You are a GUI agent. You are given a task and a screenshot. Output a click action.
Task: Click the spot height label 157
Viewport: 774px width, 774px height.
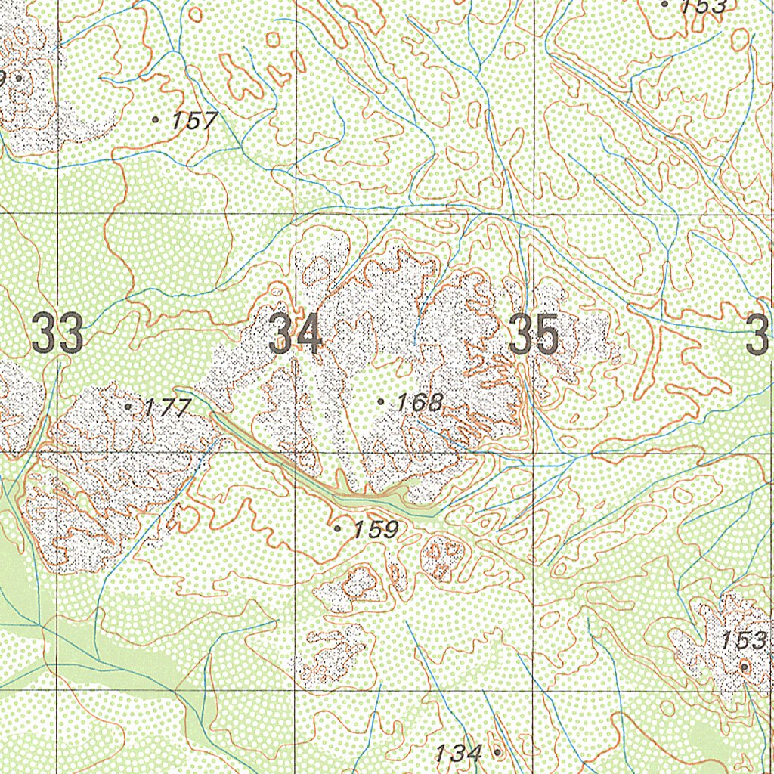(194, 120)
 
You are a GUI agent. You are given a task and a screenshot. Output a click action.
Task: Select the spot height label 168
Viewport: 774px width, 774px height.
(419, 402)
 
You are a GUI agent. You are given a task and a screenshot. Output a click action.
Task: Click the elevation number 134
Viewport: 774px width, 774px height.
(458, 753)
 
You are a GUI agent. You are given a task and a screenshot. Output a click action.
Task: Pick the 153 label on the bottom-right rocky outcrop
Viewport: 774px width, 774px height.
(744, 642)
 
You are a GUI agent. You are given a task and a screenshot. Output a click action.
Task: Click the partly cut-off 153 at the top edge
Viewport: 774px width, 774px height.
(703, 7)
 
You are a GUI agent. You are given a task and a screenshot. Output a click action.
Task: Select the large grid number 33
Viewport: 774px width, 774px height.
(57, 335)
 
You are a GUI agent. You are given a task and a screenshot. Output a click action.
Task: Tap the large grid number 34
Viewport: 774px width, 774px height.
(295, 335)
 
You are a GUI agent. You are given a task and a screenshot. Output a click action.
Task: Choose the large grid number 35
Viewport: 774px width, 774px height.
(534, 335)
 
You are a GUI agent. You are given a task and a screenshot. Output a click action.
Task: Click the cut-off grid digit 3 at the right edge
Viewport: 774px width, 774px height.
(758, 335)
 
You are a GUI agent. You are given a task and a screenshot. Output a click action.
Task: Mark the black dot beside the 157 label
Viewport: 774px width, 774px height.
(156, 119)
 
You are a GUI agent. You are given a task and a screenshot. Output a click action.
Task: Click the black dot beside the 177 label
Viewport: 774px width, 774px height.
(128, 407)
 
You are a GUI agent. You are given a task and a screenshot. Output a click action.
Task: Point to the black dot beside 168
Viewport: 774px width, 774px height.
(380, 401)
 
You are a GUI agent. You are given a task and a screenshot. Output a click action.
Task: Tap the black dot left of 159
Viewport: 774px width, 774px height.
(337, 528)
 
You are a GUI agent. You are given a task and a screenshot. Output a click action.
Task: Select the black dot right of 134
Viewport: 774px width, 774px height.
(497, 751)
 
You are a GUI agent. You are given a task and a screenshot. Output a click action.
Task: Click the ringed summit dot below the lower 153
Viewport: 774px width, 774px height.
(744, 667)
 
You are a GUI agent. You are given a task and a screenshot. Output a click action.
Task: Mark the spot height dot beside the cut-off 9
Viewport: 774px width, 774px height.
(18, 77)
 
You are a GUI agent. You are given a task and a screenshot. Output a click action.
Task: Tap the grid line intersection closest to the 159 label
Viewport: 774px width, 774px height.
(296, 452)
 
